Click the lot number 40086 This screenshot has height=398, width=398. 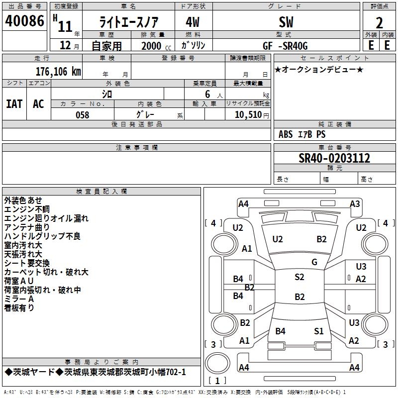[24, 21]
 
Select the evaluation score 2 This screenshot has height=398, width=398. [379, 22]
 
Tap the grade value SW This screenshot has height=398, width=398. [286, 22]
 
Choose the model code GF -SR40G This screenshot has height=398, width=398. [286, 46]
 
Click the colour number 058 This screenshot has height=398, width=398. [82, 114]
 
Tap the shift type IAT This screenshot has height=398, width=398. [14, 103]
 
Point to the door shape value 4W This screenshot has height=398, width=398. [193, 22]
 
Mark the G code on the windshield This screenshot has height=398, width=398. [314, 262]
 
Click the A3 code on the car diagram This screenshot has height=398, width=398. [355, 203]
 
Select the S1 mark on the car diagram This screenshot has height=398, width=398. [319, 331]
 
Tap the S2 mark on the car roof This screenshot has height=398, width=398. [299, 277]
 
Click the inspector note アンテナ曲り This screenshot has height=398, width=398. [27, 227]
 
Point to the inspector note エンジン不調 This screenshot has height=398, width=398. [27, 209]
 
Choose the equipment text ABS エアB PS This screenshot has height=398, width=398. [302, 134]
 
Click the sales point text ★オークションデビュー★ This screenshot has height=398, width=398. [319, 69]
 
